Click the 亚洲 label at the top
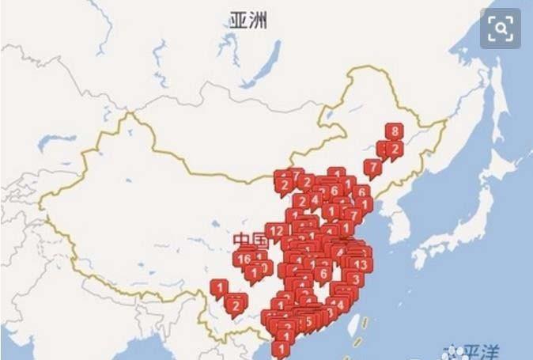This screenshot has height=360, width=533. (x=248, y=21)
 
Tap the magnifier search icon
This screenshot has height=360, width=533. (x=501, y=29)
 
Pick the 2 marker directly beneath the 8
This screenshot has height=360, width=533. (x=392, y=149)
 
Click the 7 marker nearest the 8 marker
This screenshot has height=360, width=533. (x=372, y=167)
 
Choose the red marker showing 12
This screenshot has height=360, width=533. (x=277, y=231)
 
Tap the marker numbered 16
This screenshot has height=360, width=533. (x=244, y=259)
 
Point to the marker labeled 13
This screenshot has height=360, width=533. (x=361, y=264)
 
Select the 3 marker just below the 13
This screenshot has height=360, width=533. (x=356, y=279)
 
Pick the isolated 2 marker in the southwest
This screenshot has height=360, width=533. (x=236, y=304)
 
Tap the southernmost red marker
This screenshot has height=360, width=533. (x=281, y=347)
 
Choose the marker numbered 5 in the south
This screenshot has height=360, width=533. (x=308, y=322)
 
